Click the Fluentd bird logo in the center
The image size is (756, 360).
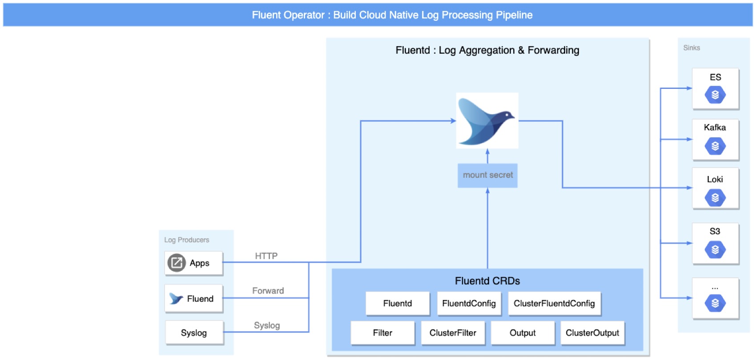[x=487, y=120]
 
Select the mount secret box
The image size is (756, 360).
[x=487, y=175]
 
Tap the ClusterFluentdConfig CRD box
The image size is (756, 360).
[x=554, y=304]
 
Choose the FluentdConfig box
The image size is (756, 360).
[x=469, y=304]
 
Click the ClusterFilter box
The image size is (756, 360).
[x=453, y=333]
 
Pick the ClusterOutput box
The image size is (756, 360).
[x=592, y=333]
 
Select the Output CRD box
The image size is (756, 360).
[x=523, y=333]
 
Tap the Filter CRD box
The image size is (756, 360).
[x=382, y=333]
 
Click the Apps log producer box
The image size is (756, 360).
[x=194, y=263]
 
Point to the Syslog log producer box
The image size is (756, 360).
[x=194, y=333]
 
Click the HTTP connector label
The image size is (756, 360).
[x=266, y=256]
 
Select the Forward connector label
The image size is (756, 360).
[x=268, y=291]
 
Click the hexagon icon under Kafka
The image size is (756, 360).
[x=715, y=146]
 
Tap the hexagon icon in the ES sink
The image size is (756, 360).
[x=715, y=95]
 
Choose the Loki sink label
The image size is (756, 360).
[x=715, y=179]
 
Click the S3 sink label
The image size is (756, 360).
[x=715, y=231]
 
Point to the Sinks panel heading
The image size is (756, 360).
[x=692, y=48]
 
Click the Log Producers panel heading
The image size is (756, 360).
[x=186, y=240]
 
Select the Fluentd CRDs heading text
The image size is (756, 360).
[x=487, y=281]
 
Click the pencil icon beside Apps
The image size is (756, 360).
[x=176, y=263]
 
